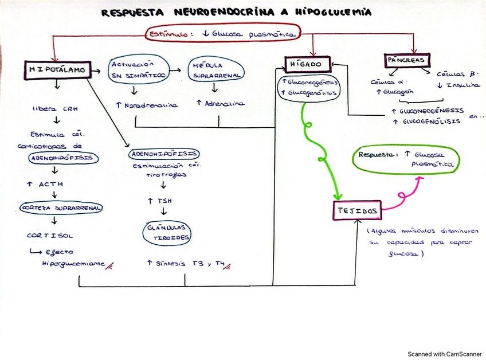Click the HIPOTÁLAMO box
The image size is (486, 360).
[57, 69]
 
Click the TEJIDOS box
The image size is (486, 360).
[356, 211]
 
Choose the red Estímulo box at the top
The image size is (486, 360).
[223, 34]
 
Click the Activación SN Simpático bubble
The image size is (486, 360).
[139, 69]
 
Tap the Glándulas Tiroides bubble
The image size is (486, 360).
[167, 232]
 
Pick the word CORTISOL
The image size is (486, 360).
[50, 235]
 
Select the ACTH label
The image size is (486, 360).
[46, 185]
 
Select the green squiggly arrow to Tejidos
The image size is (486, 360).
[318, 149]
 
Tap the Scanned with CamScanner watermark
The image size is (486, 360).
[444, 354]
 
